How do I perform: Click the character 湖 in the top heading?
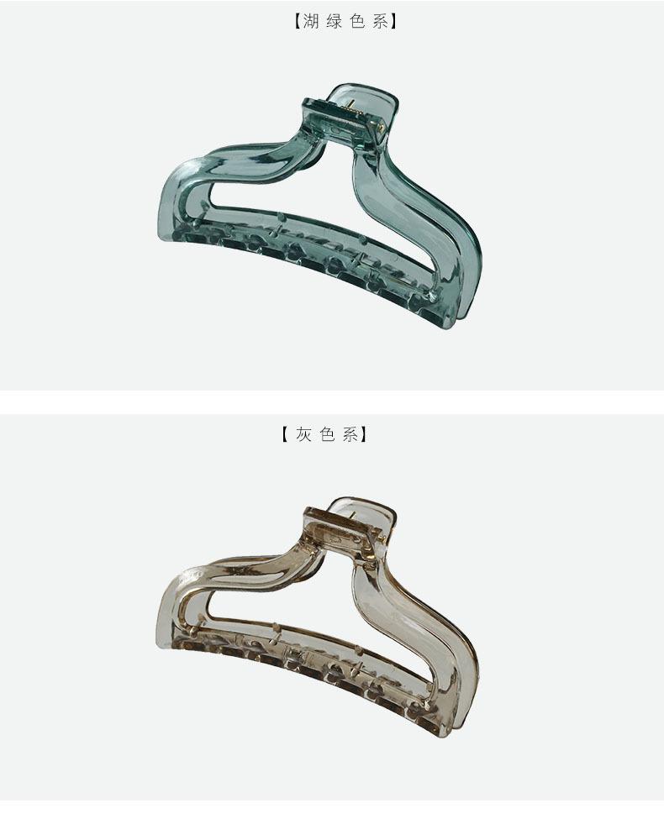click(x=311, y=22)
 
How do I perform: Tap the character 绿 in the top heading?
click(x=334, y=22)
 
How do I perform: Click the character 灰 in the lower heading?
click(x=304, y=434)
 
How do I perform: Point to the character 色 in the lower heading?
click(x=327, y=434)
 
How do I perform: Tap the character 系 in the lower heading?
click(x=350, y=434)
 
